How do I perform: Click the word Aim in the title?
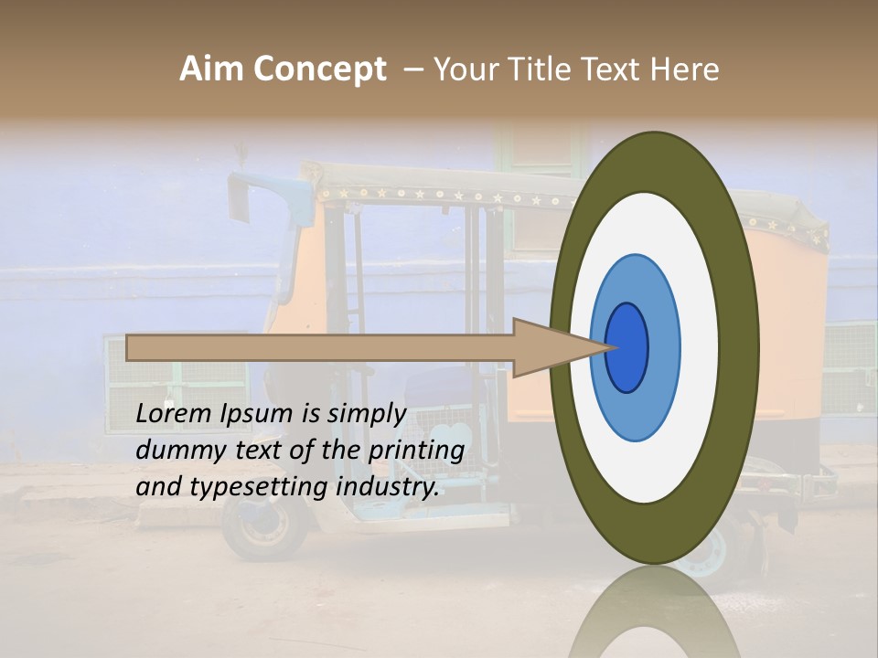point(212,69)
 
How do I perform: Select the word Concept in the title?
point(319,69)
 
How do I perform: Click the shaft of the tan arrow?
point(320,347)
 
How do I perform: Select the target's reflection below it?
point(654,617)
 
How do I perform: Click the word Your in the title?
point(466,69)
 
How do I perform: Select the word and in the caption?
point(157,487)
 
